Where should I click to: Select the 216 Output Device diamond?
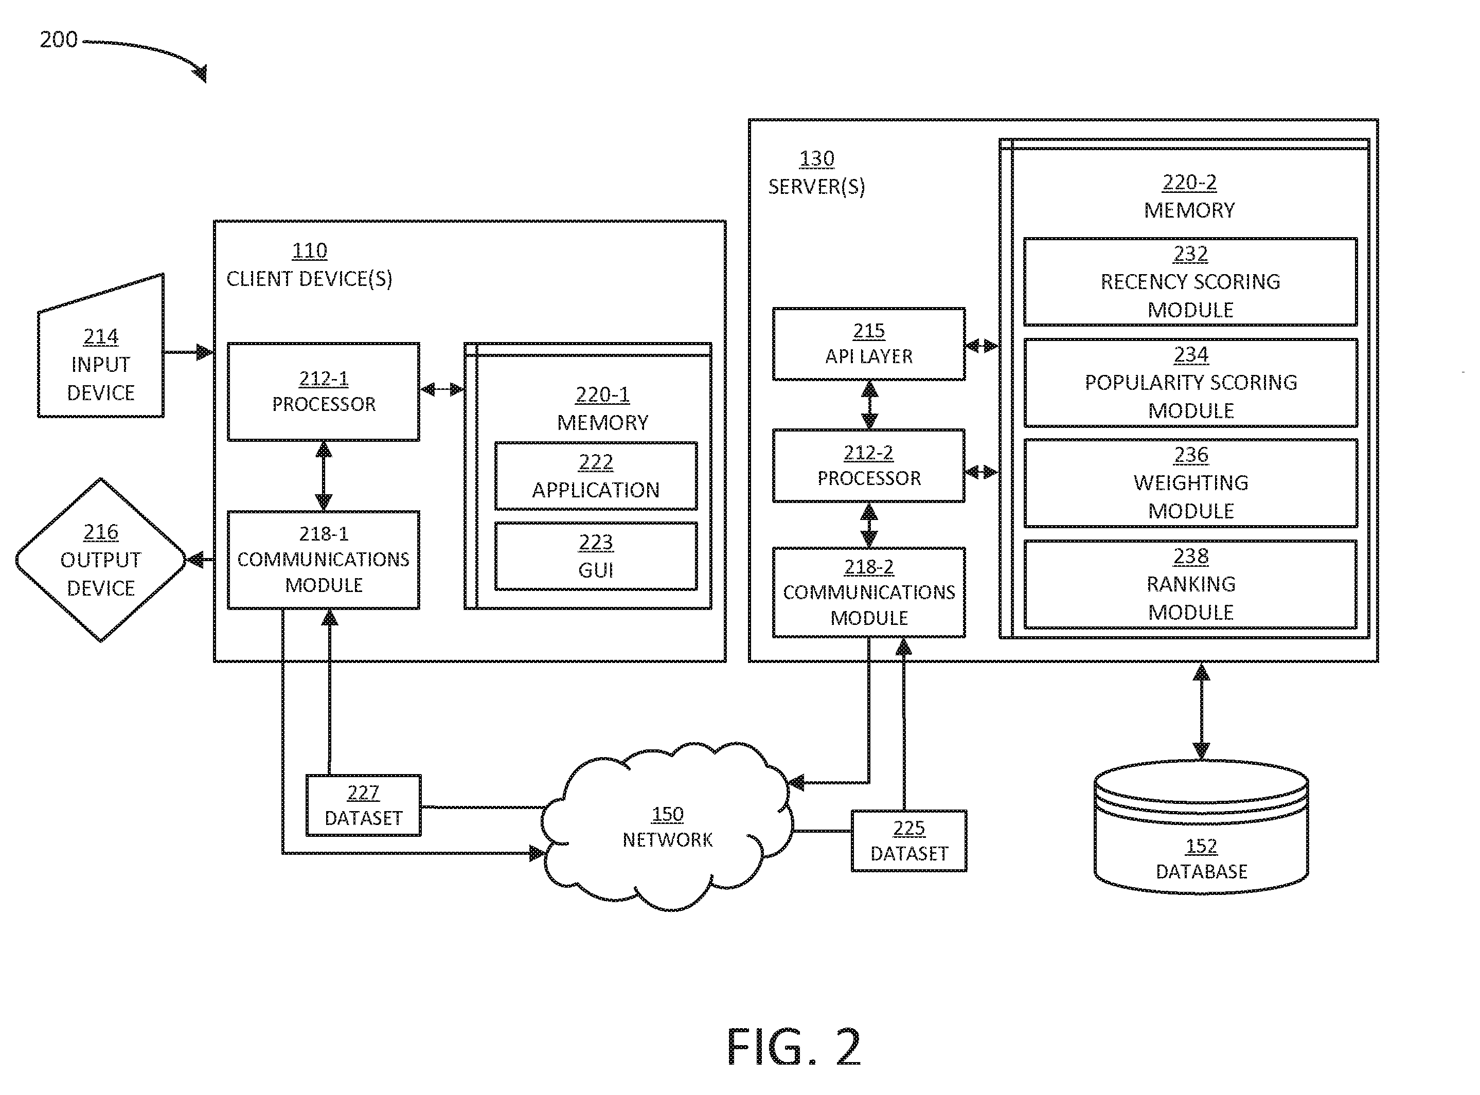coord(101,560)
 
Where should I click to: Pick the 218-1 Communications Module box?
coord(324,560)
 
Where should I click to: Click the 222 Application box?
coord(596,476)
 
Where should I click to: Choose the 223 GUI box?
coord(596,556)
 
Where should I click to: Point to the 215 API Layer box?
coord(869,344)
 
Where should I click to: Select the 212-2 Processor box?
coord(869,466)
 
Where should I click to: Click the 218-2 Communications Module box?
coord(869,593)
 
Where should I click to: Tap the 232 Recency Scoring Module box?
coord(1190,282)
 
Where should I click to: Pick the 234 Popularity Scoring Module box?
coord(1190,383)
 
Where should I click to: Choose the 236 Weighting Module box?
coord(1190,483)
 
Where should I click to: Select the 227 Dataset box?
coord(363,805)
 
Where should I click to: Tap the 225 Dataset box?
coord(908,840)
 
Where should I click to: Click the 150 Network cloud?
coord(667,827)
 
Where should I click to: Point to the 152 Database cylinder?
coord(1201,827)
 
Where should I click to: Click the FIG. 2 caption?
coord(794,1047)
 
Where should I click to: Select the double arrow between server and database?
coord(1201,711)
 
